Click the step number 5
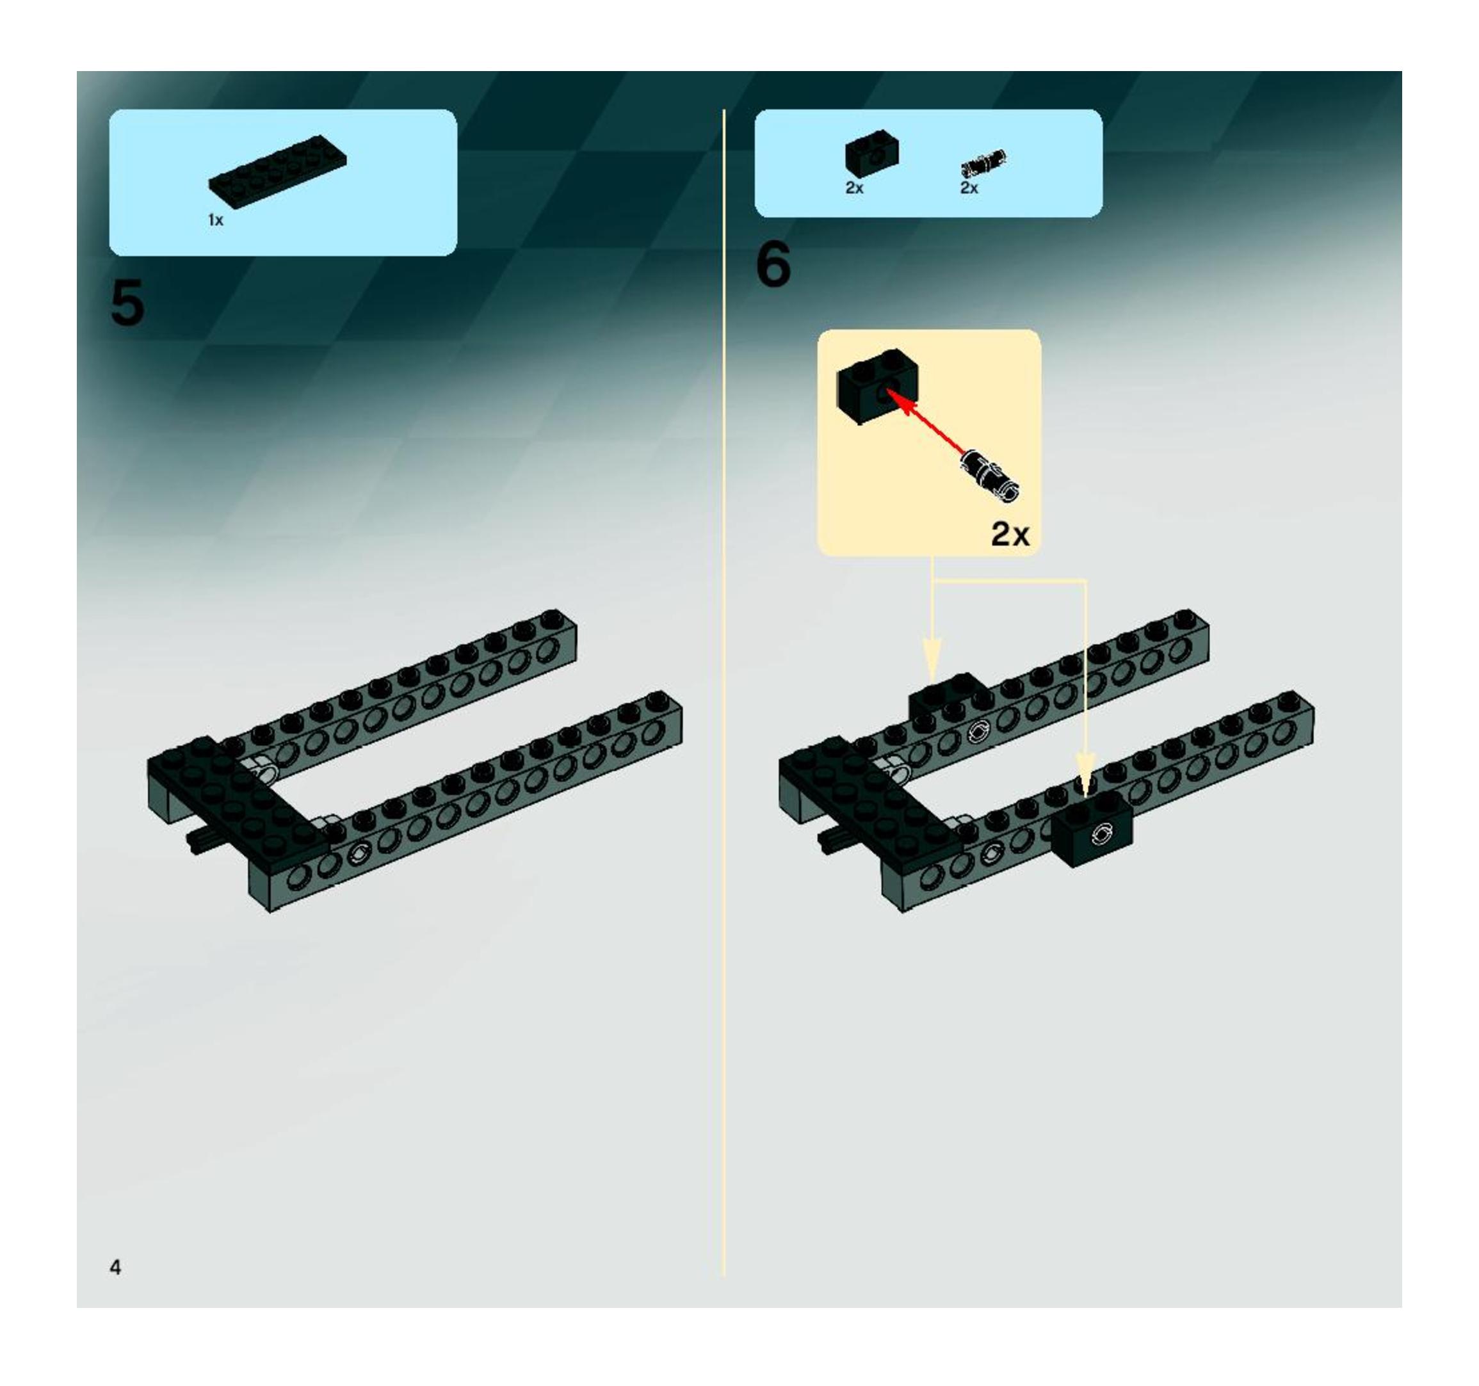point(127,303)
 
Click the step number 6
point(773,265)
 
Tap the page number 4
point(115,1267)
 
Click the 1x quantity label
point(215,220)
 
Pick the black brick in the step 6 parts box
point(871,155)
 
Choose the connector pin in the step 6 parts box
point(983,164)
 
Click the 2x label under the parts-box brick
point(854,188)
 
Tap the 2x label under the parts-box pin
point(969,188)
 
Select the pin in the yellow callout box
point(990,474)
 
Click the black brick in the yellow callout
point(878,387)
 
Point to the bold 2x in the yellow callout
point(1010,533)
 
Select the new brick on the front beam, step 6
point(1092,828)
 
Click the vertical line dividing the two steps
point(723,693)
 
